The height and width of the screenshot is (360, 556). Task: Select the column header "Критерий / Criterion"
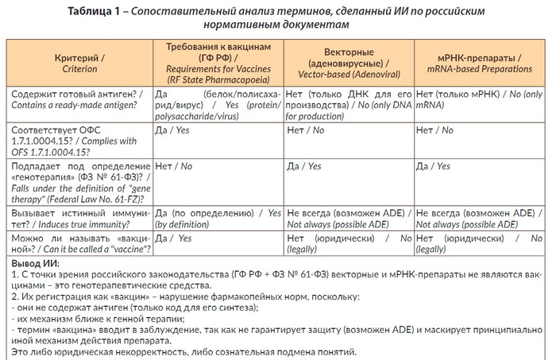pos(79,64)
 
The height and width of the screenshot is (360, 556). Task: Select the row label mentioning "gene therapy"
pos(79,181)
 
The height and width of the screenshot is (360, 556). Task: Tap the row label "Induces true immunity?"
pos(79,219)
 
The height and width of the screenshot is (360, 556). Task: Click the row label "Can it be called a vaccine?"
pos(79,243)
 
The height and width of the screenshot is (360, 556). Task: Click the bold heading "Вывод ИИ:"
pos(41,263)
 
